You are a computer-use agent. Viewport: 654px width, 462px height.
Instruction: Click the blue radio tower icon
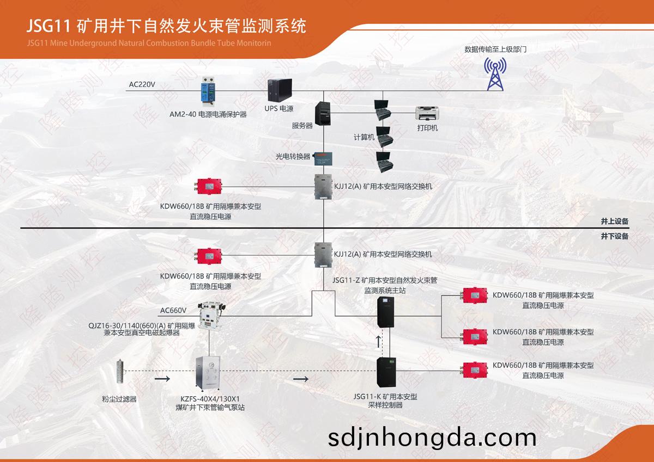click(495, 74)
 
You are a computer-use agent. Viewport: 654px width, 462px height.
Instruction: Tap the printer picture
click(427, 113)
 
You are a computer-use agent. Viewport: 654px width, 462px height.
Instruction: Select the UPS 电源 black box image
click(280, 90)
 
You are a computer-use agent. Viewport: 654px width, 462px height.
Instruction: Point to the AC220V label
click(142, 84)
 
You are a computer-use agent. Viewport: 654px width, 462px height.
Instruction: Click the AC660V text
click(173, 310)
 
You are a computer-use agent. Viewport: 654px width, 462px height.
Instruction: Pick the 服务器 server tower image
click(323, 114)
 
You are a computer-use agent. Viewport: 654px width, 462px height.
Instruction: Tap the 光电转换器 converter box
click(323, 159)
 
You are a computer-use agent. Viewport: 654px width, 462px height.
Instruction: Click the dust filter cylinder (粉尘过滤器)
click(120, 371)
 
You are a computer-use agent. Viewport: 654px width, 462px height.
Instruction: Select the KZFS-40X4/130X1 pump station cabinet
click(208, 374)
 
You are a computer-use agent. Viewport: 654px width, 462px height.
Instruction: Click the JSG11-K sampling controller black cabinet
click(386, 372)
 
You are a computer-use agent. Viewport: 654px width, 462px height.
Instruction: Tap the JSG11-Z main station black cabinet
click(386, 312)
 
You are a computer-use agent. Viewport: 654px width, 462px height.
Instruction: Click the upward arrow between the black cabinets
click(378, 342)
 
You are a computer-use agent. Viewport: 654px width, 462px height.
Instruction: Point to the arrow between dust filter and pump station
click(162, 379)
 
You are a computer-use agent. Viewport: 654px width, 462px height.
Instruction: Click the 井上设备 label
click(615, 221)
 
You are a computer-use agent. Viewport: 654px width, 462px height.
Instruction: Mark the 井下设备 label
click(615, 236)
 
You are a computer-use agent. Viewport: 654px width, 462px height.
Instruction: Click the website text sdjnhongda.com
click(432, 438)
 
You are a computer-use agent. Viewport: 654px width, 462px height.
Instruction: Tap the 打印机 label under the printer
click(427, 128)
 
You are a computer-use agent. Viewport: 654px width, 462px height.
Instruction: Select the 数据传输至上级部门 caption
click(495, 50)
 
